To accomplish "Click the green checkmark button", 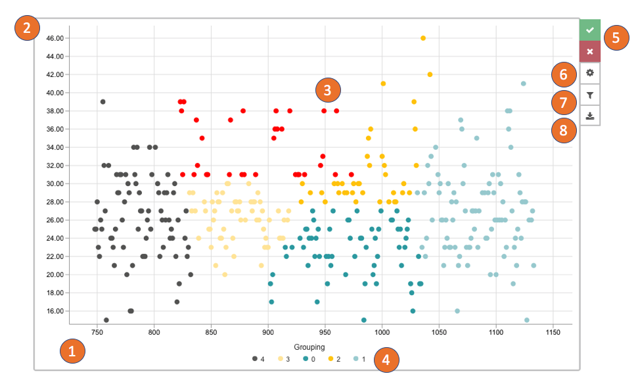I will [x=590, y=30].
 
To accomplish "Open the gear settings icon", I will [x=590, y=73].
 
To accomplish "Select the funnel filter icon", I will [x=590, y=95].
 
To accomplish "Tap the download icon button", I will [x=590, y=116].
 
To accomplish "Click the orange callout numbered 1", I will [x=72, y=351].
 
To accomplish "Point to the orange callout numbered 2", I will [x=27, y=28].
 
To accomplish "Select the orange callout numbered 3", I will [x=327, y=90].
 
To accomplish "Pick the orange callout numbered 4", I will [x=386, y=360].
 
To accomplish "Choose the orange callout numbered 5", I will [x=615, y=37].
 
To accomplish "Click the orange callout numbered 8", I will [x=564, y=130].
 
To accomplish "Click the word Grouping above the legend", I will [x=309, y=347].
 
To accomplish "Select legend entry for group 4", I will [x=258, y=359].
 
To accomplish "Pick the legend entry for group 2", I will [x=334, y=359].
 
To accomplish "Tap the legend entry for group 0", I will [x=309, y=359].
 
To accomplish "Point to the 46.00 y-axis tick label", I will [x=55, y=38].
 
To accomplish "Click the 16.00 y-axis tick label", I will [x=55, y=311].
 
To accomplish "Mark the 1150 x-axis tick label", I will [x=553, y=333].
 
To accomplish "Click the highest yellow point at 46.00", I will [x=423, y=38].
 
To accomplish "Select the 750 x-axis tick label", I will [x=97, y=333].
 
